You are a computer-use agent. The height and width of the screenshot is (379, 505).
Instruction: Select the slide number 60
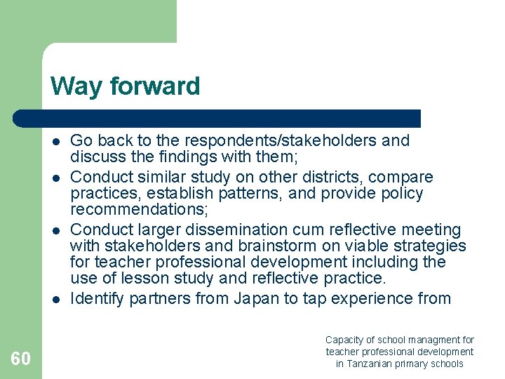coord(20,359)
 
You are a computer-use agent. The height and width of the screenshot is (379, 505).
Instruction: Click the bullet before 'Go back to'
coord(55,141)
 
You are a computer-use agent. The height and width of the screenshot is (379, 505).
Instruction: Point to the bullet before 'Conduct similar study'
coord(55,178)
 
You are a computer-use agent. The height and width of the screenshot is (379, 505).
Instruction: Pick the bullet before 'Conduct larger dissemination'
coord(55,230)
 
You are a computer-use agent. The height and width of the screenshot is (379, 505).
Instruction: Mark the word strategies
coord(428,246)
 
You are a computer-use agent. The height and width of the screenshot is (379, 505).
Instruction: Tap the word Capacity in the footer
coord(344,340)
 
